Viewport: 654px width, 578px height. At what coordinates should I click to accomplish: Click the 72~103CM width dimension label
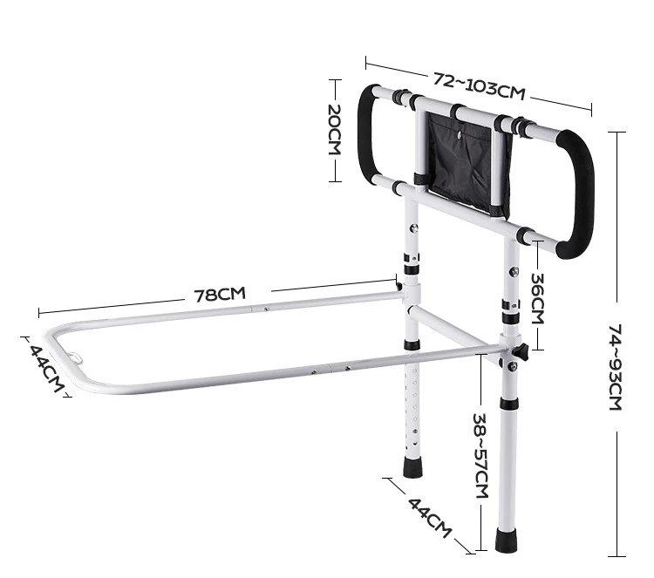[x=479, y=86]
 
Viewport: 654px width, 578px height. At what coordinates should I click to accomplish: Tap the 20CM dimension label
[x=335, y=130]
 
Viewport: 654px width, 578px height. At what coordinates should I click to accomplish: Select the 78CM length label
[x=220, y=294]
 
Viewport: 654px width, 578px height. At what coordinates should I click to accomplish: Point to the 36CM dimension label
[x=538, y=298]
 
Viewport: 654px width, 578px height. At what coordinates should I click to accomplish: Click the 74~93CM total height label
[x=616, y=367]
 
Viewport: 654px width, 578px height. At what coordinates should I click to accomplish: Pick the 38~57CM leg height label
[x=480, y=455]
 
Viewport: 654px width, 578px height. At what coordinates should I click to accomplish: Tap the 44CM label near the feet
[x=430, y=518]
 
